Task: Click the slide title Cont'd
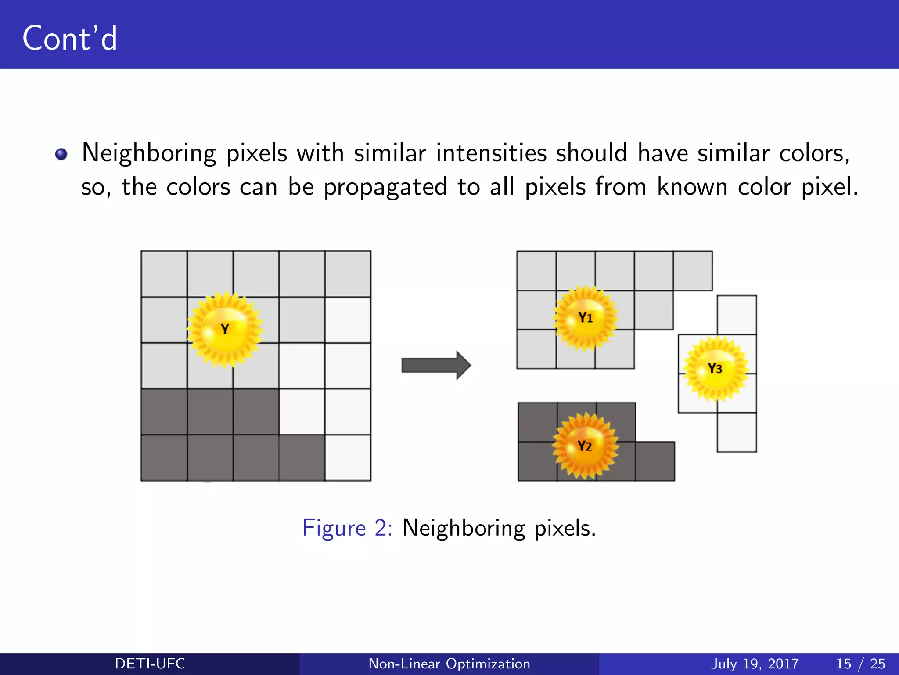pos(70,38)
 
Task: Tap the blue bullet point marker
pos(61,154)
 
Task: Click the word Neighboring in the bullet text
pos(149,154)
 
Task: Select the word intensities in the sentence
pos(491,153)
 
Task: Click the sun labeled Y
pos(225,329)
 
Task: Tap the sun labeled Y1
pos(585,318)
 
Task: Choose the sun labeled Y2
pos(585,446)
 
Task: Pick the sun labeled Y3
pos(715,368)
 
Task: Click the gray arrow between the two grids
pos(436,365)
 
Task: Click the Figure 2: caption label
pos(347,528)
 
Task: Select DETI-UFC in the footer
pos(150,664)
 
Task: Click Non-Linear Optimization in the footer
pos(449,664)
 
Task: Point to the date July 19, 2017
pos(754,664)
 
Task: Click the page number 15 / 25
pos(860,664)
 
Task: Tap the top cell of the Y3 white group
pos(737,315)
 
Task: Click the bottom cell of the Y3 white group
pos(737,432)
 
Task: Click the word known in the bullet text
pos(692,187)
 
